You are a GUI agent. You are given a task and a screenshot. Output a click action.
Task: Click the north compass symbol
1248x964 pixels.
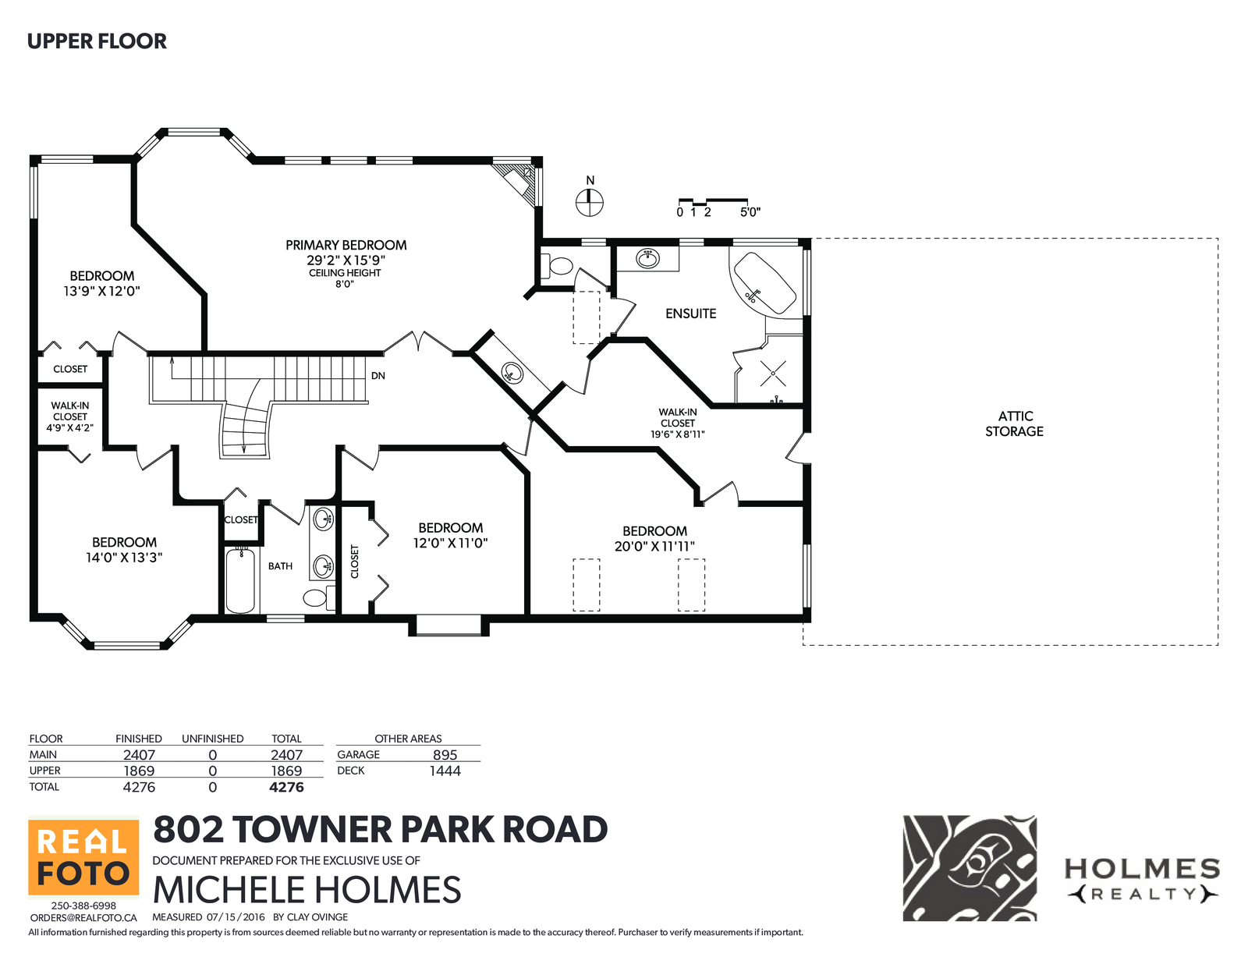tap(589, 202)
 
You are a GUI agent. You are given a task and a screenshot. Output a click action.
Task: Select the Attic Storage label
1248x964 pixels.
tap(1014, 424)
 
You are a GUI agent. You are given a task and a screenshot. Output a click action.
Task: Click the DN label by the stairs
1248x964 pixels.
tap(378, 375)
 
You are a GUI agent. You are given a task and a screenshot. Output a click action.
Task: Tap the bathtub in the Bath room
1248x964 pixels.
tap(240, 580)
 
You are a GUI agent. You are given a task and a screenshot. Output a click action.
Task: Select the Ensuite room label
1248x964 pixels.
tap(691, 314)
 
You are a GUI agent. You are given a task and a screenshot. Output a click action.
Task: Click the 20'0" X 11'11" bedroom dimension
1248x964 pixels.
tap(654, 546)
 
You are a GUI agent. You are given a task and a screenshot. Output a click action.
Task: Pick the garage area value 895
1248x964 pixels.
tap(445, 755)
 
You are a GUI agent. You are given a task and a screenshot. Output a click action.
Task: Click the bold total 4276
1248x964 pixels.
tap(286, 787)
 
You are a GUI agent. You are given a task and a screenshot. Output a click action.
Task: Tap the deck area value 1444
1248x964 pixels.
tap(445, 771)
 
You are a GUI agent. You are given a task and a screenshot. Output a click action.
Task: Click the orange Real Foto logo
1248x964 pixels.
tap(84, 856)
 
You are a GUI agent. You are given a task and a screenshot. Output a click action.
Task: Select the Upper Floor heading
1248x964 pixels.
tap(97, 41)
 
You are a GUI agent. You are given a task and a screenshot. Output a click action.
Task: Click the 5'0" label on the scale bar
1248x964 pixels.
tap(750, 212)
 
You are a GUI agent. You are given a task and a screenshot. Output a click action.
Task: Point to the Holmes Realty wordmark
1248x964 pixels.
tap(1143, 881)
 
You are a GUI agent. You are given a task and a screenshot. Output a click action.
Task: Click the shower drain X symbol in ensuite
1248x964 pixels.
tap(773, 373)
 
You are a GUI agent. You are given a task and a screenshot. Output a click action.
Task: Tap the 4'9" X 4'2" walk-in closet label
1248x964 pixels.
tap(70, 427)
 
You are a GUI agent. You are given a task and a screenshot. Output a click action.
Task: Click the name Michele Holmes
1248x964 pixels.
tap(307, 890)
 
